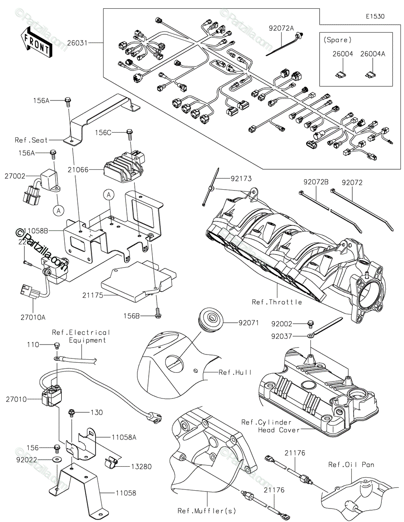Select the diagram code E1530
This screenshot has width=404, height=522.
click(x=374, y=17)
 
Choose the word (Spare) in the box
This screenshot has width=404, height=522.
click(x=338, y=40)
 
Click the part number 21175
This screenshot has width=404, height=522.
click(x=92, y=295)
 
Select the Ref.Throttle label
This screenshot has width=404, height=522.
click(x=277, y=302)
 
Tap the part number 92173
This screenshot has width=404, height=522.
click(x=241, y=178)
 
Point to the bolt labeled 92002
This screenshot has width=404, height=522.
click(x=311, y=323)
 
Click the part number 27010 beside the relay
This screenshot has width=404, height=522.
click(x=16, y=398)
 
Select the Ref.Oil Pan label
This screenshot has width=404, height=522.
click(x=351, y=465)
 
